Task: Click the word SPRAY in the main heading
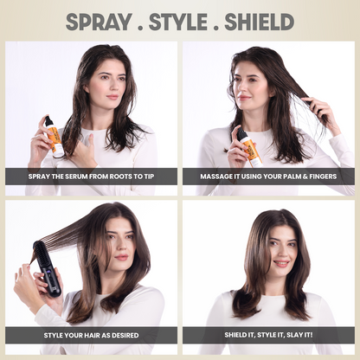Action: pyautogui.click(x=99, y=22)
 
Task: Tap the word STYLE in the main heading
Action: pyautogui.click(x=178, y=22)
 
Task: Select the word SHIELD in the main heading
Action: pyautogui.click(x=260, y=22)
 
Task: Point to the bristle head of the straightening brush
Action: pyautogui.click(x=40, y=253)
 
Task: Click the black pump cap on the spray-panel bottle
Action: pyautogui.click(x=48, y=121)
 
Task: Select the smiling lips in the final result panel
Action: pyautogui.click(x=281, y=263)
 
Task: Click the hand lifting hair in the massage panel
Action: pyautogui.click(x=318, y=112)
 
